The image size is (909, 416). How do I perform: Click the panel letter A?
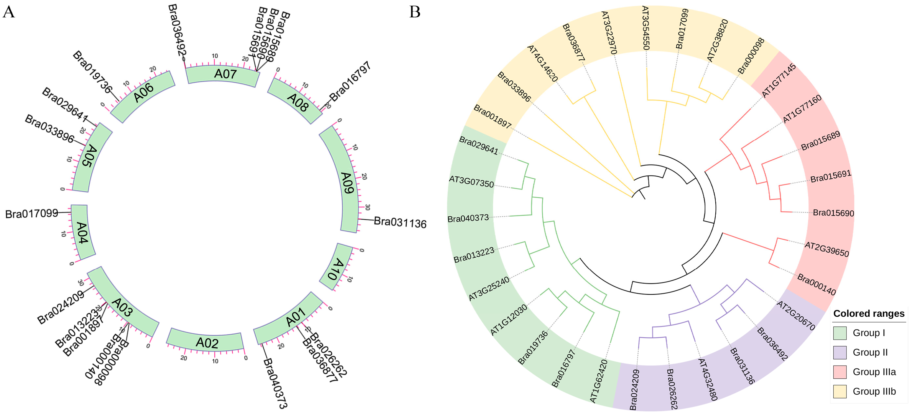[9, 12]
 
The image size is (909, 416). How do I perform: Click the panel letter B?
[415, 12]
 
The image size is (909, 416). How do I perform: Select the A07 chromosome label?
[225, 74]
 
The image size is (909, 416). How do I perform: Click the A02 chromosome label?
[207, 343]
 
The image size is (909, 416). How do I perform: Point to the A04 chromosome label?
[82, 233]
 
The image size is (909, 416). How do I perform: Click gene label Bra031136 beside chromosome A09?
[400, 223]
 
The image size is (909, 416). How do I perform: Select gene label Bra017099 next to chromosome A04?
[32, 214]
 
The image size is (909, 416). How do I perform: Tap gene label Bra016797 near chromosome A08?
[350, 81]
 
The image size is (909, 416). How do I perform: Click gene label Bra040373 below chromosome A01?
[275, 383]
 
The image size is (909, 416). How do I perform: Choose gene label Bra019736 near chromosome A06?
[92, 72]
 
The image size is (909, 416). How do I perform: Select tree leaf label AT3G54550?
[646, 28]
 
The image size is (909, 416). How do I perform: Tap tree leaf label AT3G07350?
[471, 182]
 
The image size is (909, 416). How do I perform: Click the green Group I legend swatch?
[840, 333]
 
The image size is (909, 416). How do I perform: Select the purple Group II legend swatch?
[840, 352]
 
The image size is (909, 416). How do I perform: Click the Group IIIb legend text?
[874, 391]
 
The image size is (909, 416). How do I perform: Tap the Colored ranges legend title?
[868, 314]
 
